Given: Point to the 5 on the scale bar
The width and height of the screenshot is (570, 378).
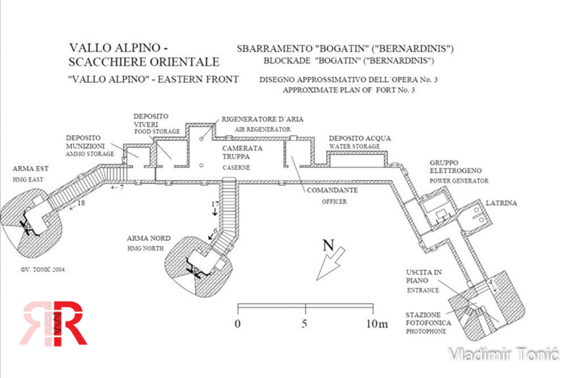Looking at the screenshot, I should click(305, 324).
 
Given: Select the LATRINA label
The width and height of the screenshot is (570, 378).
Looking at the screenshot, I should click(501, 203).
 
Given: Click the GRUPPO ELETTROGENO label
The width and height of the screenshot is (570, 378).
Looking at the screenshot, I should click(456, 166).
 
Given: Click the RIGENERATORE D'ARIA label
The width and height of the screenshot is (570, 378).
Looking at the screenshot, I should click(263, 119).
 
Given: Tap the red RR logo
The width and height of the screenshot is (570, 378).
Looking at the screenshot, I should click(54, 323).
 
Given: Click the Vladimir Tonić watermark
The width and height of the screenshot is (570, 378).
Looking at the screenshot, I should click(503, 355).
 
